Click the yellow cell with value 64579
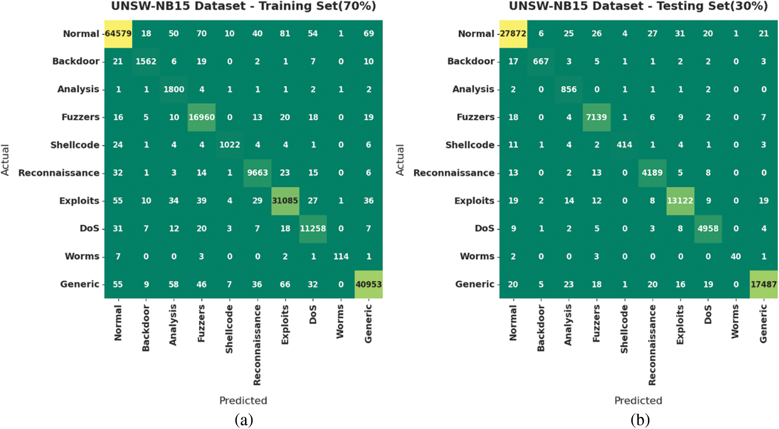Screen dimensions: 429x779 [x=118, y=33]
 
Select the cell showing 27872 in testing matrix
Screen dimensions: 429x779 [x=513, y=33]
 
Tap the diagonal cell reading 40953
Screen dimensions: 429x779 [x=369, y=284]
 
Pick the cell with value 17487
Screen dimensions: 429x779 [x=763, y=284]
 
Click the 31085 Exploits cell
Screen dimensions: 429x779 [x=285, y=201]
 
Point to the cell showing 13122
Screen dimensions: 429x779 [x=680, y=201]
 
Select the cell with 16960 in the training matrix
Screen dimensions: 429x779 [x=201, y=117]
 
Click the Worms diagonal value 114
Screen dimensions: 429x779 [x=341, y=256]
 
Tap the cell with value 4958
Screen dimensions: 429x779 [x=708, y=228]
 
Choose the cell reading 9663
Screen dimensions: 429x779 [x=257, y=173]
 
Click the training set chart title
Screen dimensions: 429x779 [x=243, y=6]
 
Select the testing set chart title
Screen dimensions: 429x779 [x=638, y=6]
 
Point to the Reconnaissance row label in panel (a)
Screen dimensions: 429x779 [x=59, y=173]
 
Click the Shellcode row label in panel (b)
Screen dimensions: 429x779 [x=470, y=145]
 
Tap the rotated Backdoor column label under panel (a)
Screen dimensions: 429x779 [x=146, y=328]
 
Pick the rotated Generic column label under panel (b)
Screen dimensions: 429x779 [x=763, y=324]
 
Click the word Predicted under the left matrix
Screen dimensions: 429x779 [x=243, y=400]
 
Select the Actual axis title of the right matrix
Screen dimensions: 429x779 [x=400, y=160]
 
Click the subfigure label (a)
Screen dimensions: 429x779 [x=244, y=420]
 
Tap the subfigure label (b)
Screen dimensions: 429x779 [x=640, y=420]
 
